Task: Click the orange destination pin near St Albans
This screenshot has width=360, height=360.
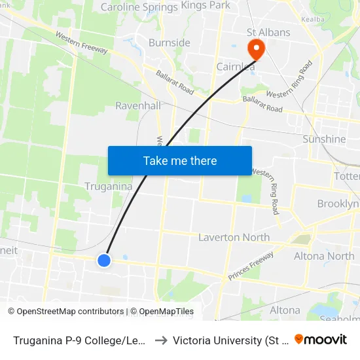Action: tap(253, 48)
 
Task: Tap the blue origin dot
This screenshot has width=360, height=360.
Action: tap(104, 261)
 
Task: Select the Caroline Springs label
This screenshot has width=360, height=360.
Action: tap(139, 7)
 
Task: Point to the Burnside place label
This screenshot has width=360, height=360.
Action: tap(169, 43)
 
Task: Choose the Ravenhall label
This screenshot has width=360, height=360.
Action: tap(137, 105)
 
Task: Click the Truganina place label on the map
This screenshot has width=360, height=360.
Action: tap(109, 187)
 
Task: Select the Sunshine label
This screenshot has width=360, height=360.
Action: tap(324, 139)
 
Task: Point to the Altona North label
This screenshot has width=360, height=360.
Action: tap(324, 256)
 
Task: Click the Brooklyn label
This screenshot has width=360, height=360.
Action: tap(338, 204)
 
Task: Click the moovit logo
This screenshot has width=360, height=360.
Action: tap(321, 339)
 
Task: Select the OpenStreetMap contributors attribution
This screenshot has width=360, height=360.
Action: tap(66, 312)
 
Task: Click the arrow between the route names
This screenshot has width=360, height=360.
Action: tap(160, 340)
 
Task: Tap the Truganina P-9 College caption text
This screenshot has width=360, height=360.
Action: tap(79, 340)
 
